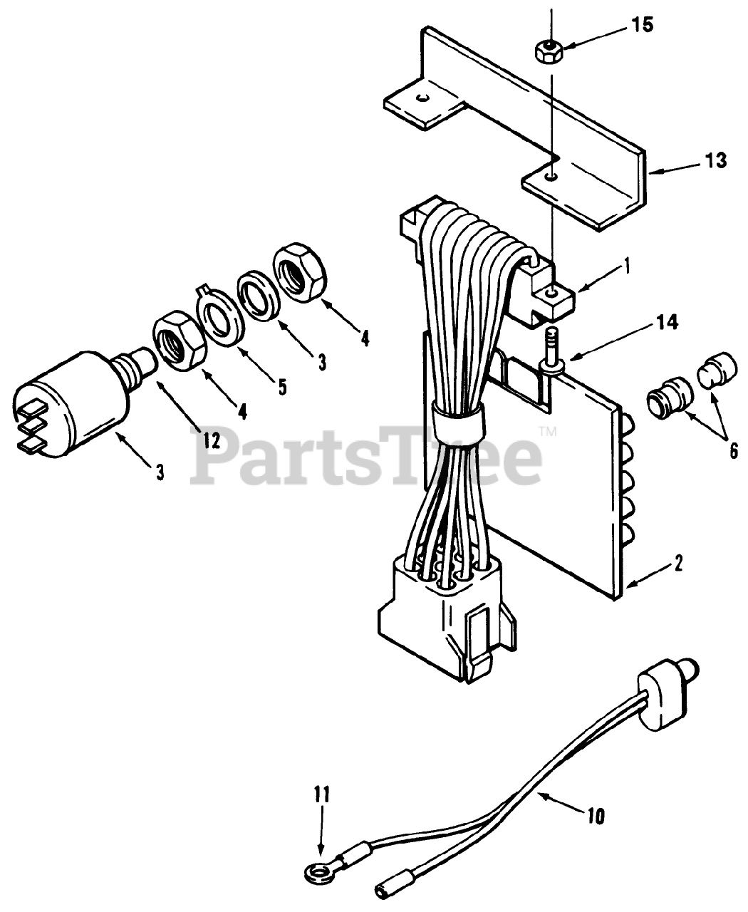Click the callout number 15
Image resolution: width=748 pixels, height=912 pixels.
pyautogui.click(x=641, y=26)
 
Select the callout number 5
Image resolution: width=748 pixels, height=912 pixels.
pyautogui.click(x=282, y=387)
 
